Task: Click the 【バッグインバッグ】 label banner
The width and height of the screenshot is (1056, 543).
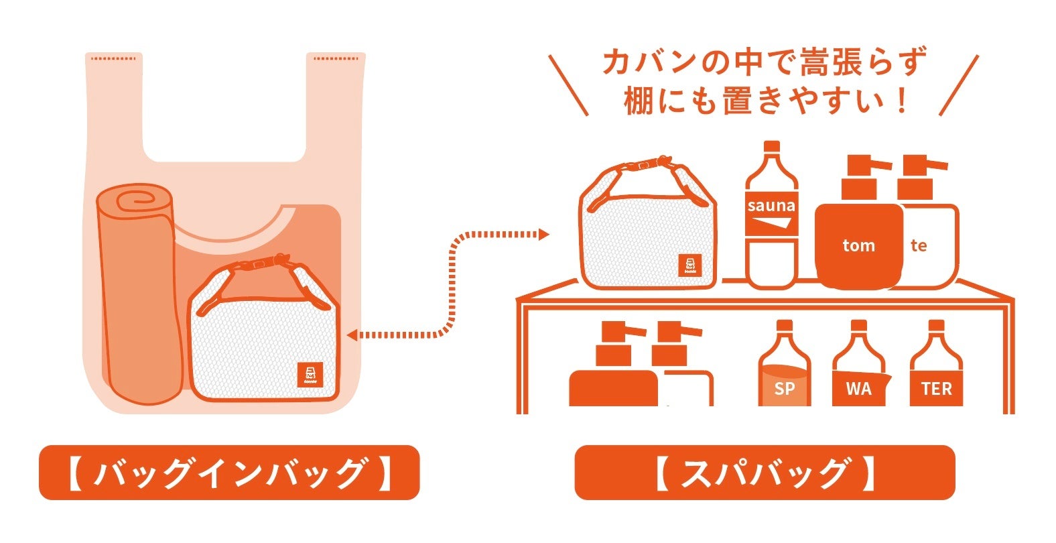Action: (228, 473)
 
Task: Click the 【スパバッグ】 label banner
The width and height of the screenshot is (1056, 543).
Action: (764, 473)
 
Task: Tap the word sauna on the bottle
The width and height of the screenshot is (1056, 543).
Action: (771, 206)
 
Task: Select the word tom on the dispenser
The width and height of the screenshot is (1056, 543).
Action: (858, 245)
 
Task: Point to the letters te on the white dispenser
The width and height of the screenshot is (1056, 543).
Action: (919, 245)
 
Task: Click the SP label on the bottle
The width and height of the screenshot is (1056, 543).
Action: (784, 389)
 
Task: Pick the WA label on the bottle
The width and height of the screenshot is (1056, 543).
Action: (858, 389)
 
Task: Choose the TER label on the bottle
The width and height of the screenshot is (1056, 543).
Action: (936, 389)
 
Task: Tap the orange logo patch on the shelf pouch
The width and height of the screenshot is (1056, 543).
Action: (689, 265)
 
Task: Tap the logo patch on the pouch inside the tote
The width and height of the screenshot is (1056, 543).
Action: (310, 375)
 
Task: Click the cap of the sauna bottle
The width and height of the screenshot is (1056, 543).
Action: (772, 147)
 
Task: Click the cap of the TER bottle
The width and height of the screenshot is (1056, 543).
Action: (936, 326)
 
